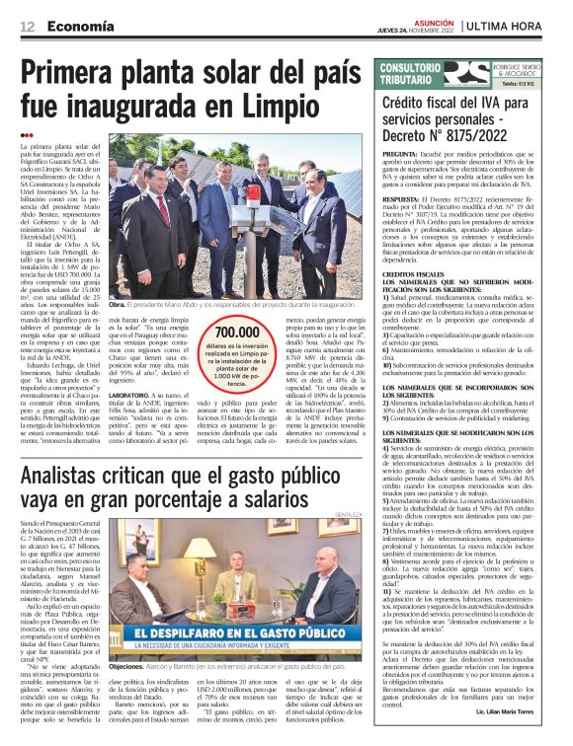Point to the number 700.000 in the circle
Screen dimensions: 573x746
coord(236,334)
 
